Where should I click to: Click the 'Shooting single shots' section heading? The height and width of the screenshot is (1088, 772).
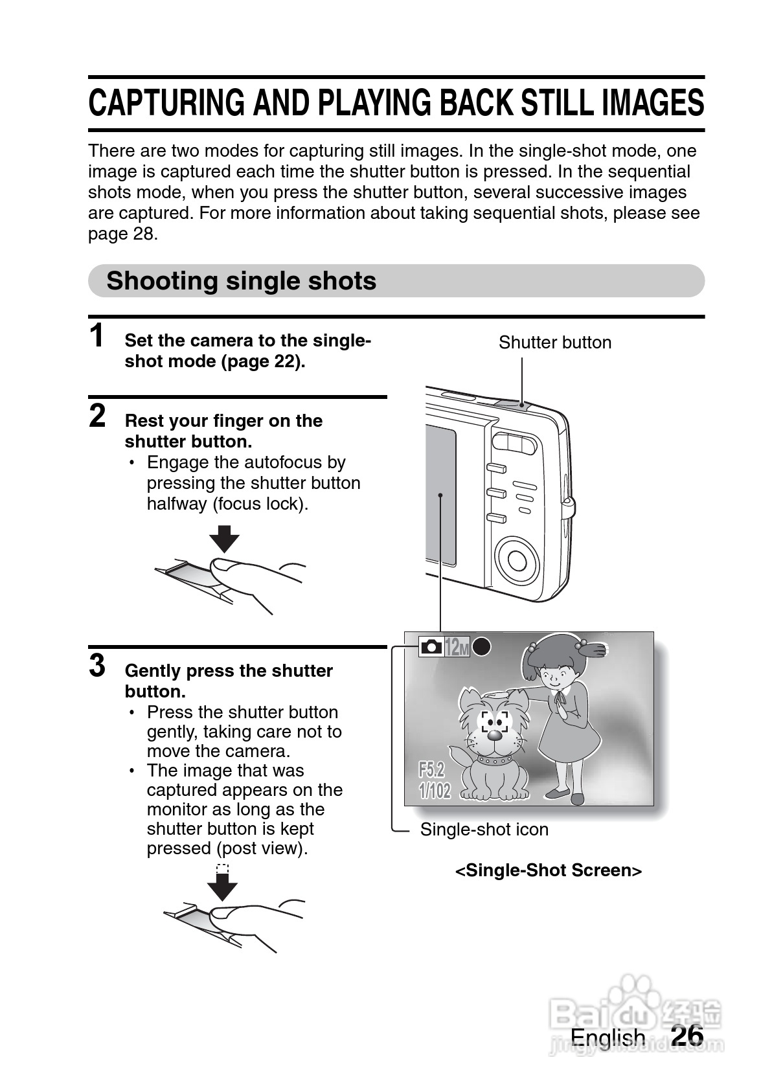click(x=241, y=281)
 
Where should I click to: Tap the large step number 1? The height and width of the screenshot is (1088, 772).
click(x=96, y=336)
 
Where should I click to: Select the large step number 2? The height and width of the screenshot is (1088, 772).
click(x=97, y=416)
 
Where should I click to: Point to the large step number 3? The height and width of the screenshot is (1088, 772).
click(x=97, y=665)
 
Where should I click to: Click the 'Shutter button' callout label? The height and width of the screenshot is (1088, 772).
click(x=554, y=343)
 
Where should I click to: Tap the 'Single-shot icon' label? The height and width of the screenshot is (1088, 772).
click(x=484, y=830)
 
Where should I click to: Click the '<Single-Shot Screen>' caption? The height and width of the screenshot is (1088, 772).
click(x=549, y=870)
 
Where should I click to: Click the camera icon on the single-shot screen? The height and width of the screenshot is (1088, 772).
click(x=431, y=646)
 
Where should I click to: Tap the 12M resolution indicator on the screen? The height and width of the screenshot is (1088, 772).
click(x=457, y=646)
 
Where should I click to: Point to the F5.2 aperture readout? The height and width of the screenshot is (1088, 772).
click(x=431, y=770)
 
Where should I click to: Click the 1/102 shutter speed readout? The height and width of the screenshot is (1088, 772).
click(x=435, y=791)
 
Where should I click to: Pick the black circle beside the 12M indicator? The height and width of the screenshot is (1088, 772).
click(x=481, y=646)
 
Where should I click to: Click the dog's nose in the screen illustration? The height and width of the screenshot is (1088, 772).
click(x=494, y=734)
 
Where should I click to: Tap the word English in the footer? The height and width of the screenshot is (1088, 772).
click(x=607, y=1037)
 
